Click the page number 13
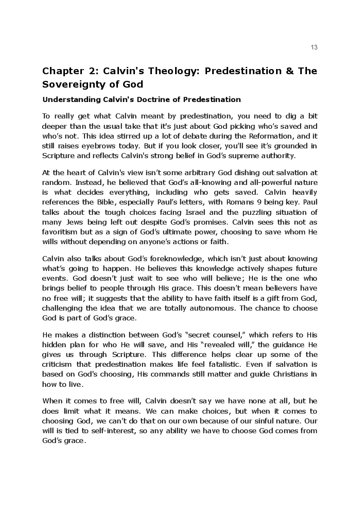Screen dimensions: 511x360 [x=314, y=47]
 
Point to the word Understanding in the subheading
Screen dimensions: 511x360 [x=68, y=99]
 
